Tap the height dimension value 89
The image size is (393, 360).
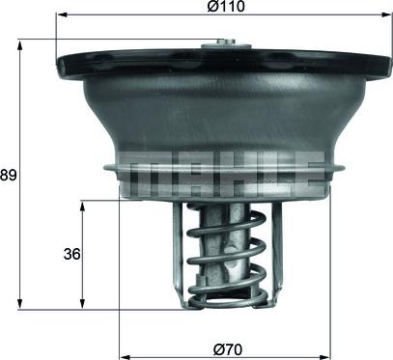[x=9, y=175]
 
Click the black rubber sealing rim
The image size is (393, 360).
[x=97, y=67]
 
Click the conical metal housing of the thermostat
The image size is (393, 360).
[x=224, y=111]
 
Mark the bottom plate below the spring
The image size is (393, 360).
[x=225, y=300]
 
